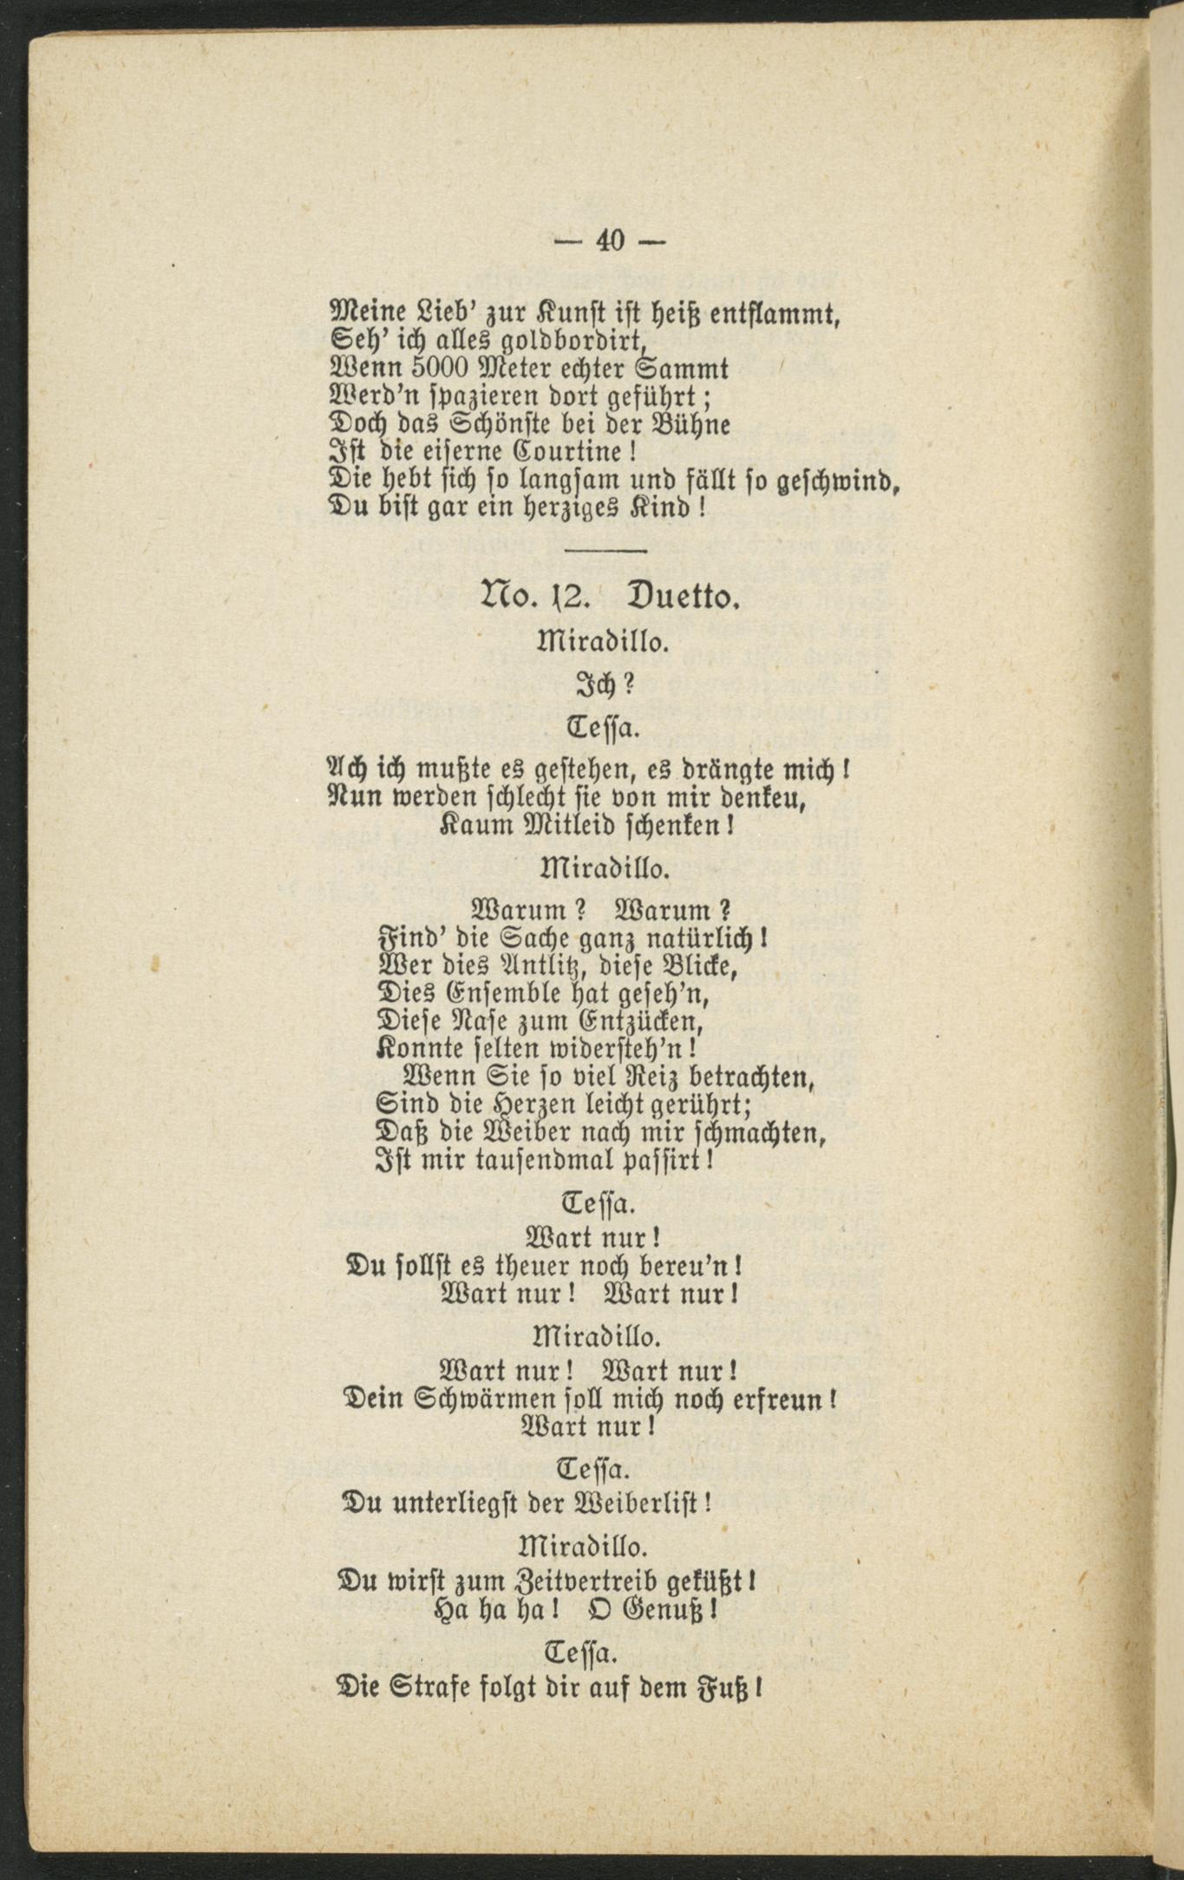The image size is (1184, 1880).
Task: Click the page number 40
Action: pyautogui.click(x=610, y=241)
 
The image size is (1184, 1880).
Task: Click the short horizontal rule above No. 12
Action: pyautogui.click(x=605, y=551)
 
